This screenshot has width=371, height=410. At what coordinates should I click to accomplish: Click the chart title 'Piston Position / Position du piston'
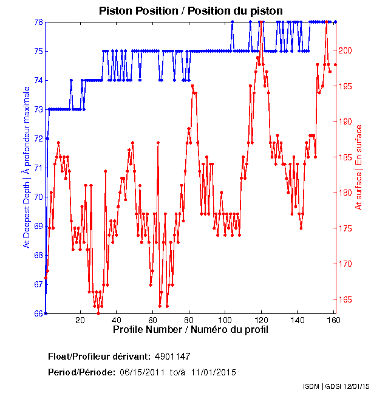tap(191, 10)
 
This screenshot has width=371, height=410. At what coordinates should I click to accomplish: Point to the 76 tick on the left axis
tap(38, 22)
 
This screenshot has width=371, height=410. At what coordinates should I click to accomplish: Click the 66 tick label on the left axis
tap(38, 313)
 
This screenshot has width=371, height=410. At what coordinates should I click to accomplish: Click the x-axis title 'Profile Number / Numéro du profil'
tap(190, 330)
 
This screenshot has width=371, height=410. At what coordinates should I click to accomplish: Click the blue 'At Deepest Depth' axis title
tap(26, 167)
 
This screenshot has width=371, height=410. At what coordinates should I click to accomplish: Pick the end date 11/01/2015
tap(214, 372)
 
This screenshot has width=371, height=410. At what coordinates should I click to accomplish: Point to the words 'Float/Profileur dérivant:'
tap(98, 356)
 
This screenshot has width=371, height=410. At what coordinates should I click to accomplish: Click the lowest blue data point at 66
tap(46, 313)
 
